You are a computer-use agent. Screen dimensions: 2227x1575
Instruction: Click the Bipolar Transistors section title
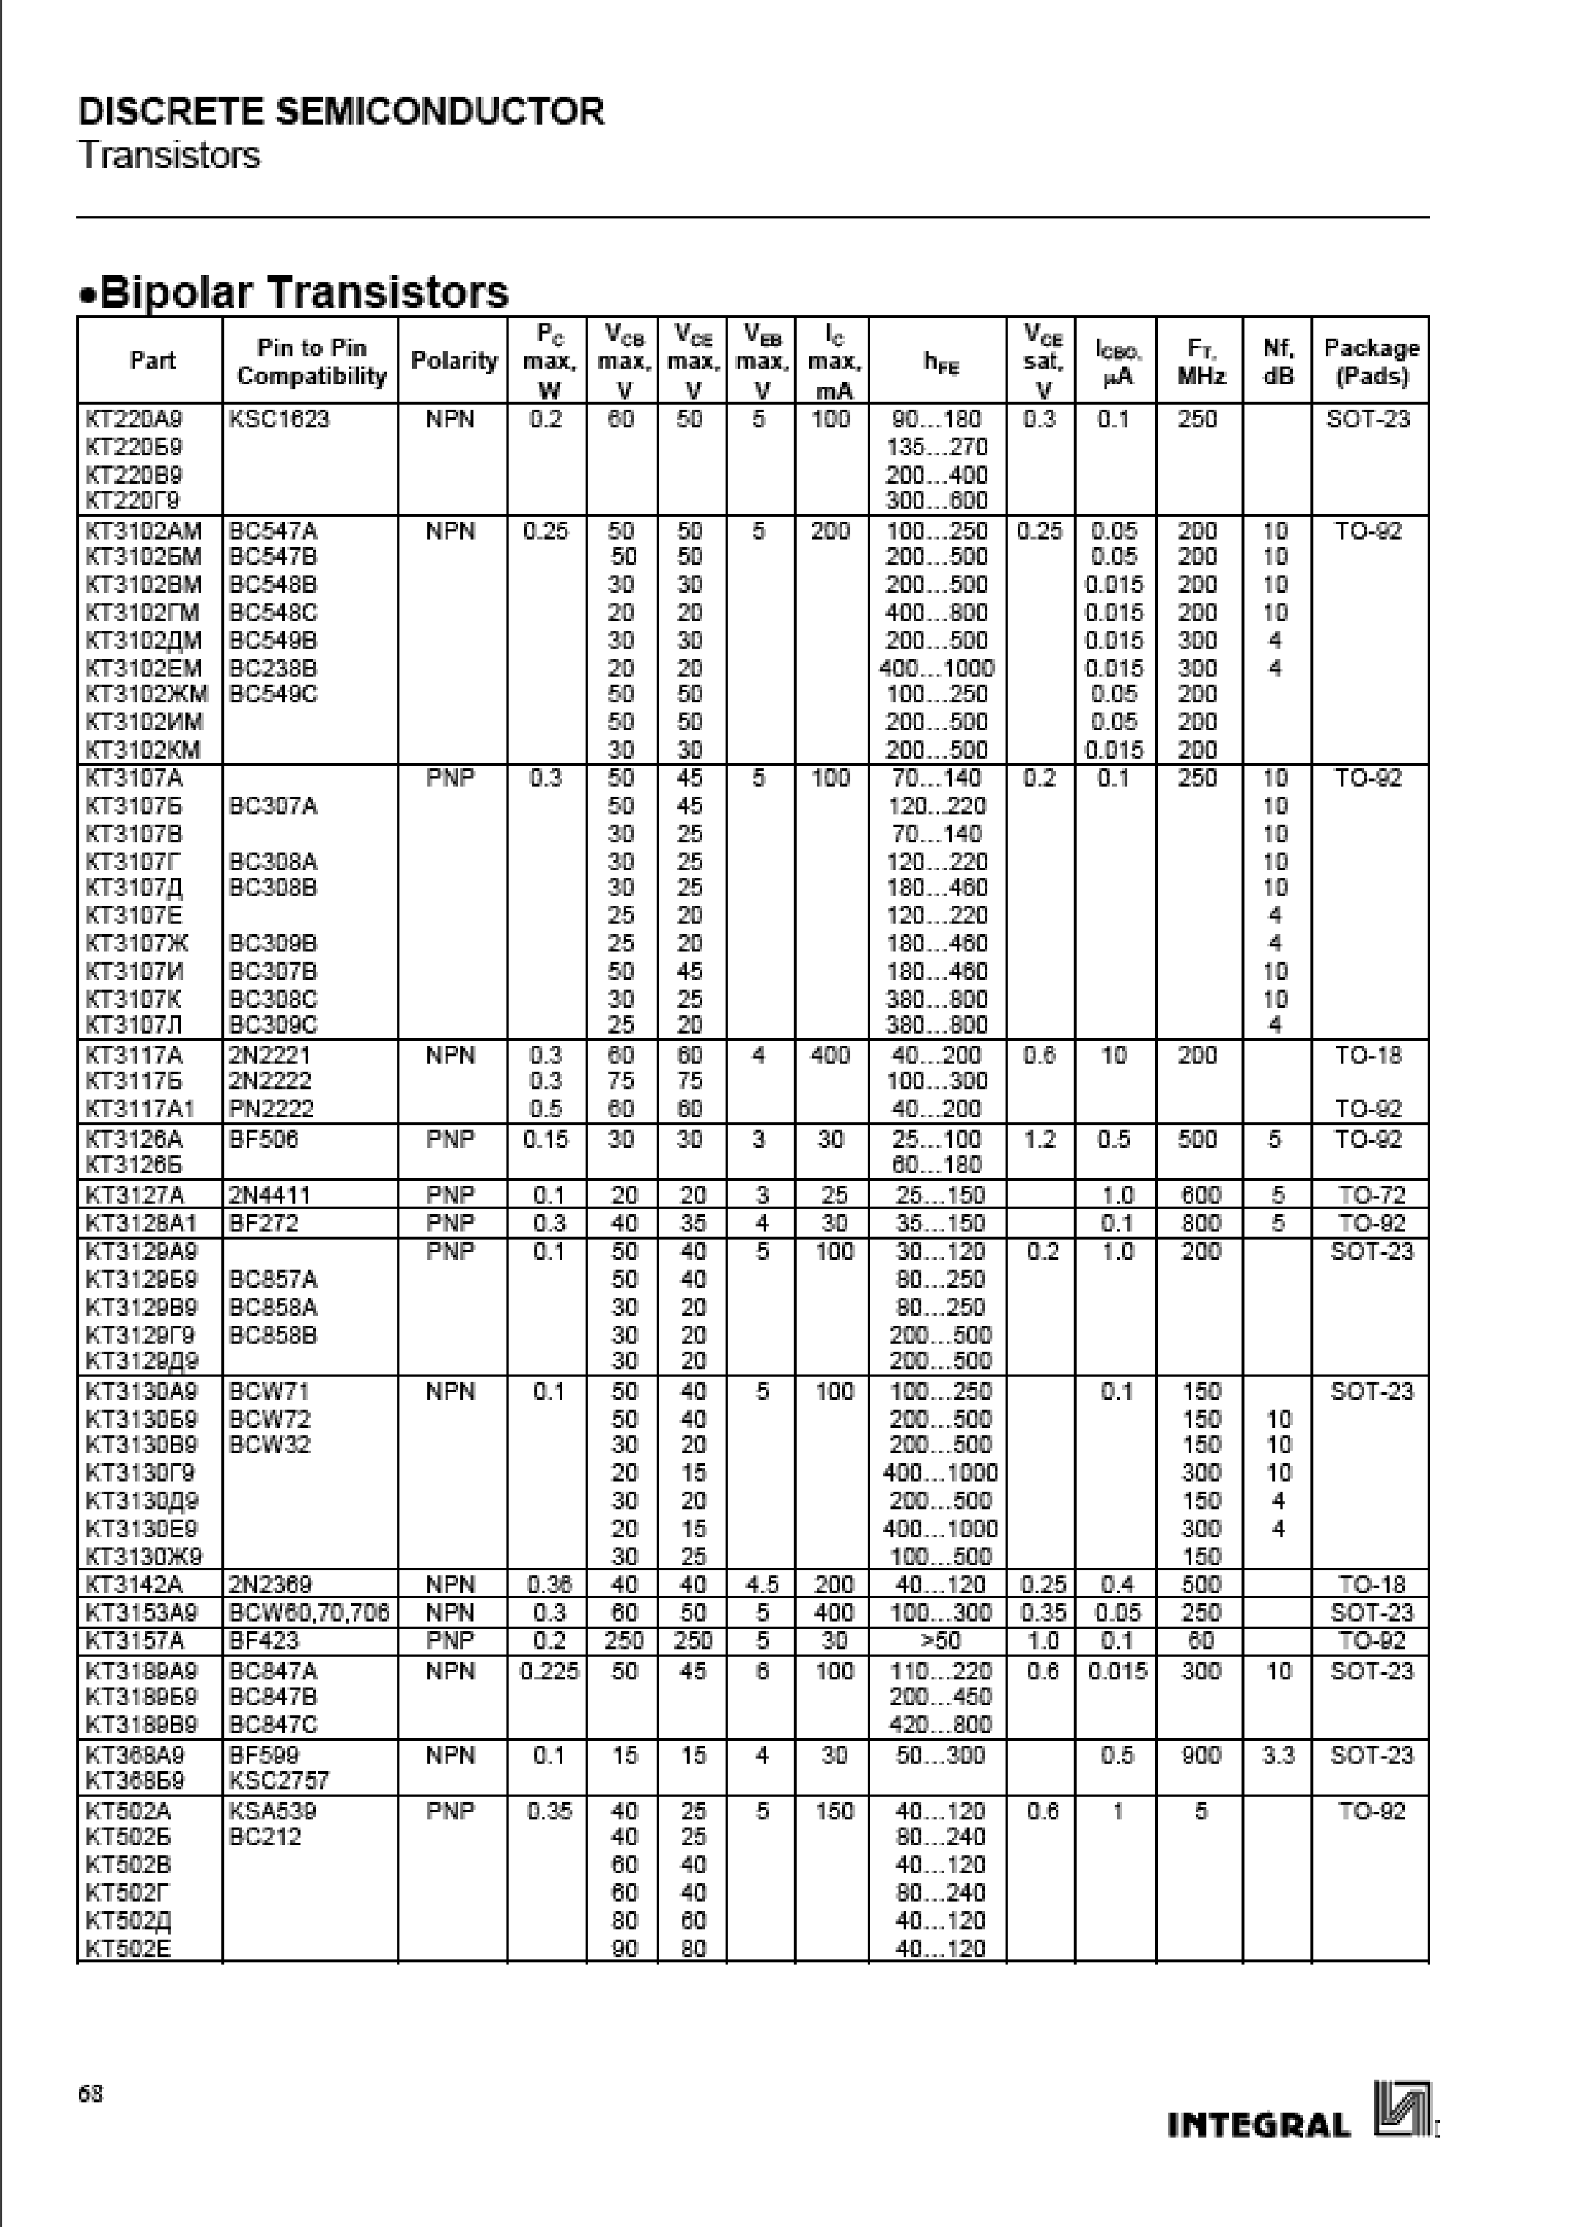click(x=294, y=292)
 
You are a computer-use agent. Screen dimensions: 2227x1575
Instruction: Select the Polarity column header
click(x=453, y=361)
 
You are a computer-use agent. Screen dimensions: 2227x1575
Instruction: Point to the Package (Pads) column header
click(x=1371, y=361)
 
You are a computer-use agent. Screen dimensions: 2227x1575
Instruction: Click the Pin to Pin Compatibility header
click(x=311, y=361)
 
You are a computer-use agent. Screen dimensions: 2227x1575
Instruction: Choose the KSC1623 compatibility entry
click(x=279, y=419)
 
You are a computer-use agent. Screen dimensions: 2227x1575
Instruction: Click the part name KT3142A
click(x=135, y=1585)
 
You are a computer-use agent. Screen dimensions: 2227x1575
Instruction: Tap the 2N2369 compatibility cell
click(x=270, y=1585)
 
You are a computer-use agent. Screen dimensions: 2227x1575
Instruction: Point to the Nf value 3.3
click(x=1277, y=1755)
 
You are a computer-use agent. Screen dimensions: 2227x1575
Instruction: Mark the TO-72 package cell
click(x=1371, y=1195)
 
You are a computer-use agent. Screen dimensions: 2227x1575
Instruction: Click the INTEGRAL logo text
click(x=1259, y=2126)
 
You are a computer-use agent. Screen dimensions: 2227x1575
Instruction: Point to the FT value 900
click(x=1200, y=1755)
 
